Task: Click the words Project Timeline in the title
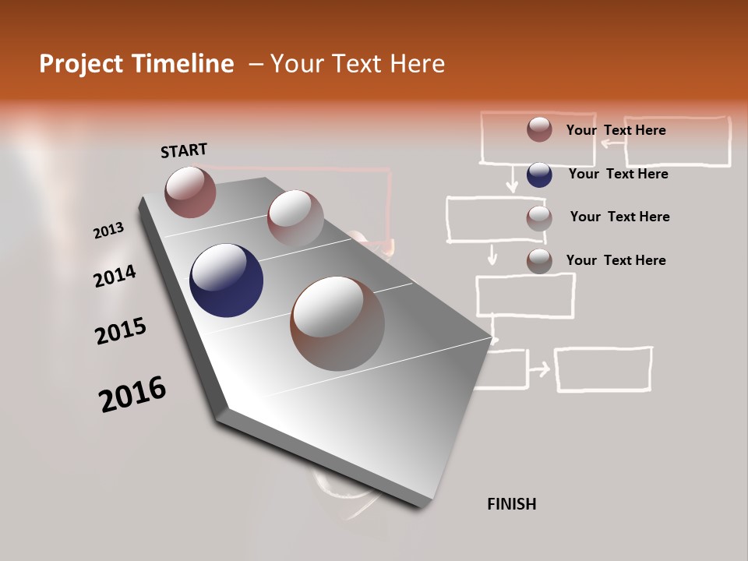(x=136, y=64)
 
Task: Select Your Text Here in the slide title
(x=358, y=64)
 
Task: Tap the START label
(x=184, y=150)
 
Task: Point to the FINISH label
(x=511, y=504)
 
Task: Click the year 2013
(x=108, y=230)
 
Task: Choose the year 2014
(x=115, y=276)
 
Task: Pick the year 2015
(x=120, y=331)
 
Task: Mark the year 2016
(x=132, y=393)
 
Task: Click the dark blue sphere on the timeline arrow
(x=226, y=280)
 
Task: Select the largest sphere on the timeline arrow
(x=337, y=323)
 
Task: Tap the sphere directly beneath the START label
(x=190, y=192)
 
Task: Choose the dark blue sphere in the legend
(x=539, y=175)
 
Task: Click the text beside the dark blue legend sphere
(x=618, y=174)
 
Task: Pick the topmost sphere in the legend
(x=539, y=129)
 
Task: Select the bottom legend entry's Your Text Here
(x=616, y=260)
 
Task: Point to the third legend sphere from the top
(x=539, y=218)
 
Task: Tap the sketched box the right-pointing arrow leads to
(x=603, y=369)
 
